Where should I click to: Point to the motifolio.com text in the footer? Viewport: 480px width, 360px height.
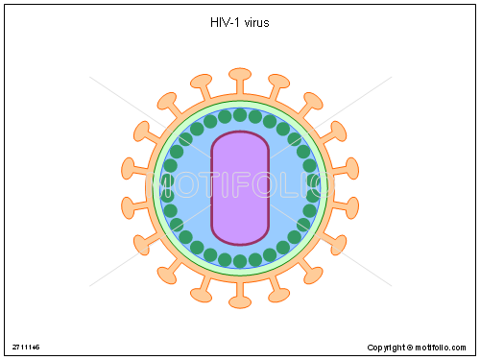click(444, 347)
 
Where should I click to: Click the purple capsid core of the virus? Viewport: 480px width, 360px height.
click(240, 187)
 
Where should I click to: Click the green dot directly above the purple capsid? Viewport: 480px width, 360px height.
click(240, 115)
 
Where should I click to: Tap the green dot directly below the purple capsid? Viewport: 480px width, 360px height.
click(240, 260)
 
